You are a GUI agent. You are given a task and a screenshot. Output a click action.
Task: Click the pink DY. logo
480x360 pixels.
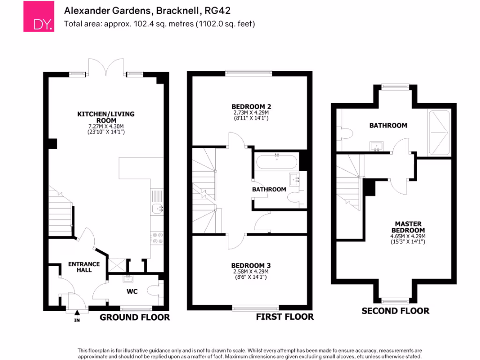click(39, 17)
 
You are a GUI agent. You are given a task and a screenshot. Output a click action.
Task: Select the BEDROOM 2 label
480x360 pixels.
click(251, 106)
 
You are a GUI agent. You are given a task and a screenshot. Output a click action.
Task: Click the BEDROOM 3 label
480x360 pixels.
click(251, 265)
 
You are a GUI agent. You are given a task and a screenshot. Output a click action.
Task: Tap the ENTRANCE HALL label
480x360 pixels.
click(84, 267)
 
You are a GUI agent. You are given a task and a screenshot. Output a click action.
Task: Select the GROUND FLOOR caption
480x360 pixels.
click(135, 317)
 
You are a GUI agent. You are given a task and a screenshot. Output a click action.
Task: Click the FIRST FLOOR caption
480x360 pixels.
click(285, 317)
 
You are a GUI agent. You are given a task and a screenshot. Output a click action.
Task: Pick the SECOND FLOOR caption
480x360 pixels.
click(395, 310)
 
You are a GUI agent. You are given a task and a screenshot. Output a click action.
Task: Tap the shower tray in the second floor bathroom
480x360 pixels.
click(439, 133)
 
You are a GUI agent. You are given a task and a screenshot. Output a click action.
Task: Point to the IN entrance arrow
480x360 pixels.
click(77, 315)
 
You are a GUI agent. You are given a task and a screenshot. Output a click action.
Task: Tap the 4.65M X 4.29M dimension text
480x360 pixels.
click(408, 236)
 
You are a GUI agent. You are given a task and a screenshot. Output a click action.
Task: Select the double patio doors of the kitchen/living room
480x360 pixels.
click(106, 67)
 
